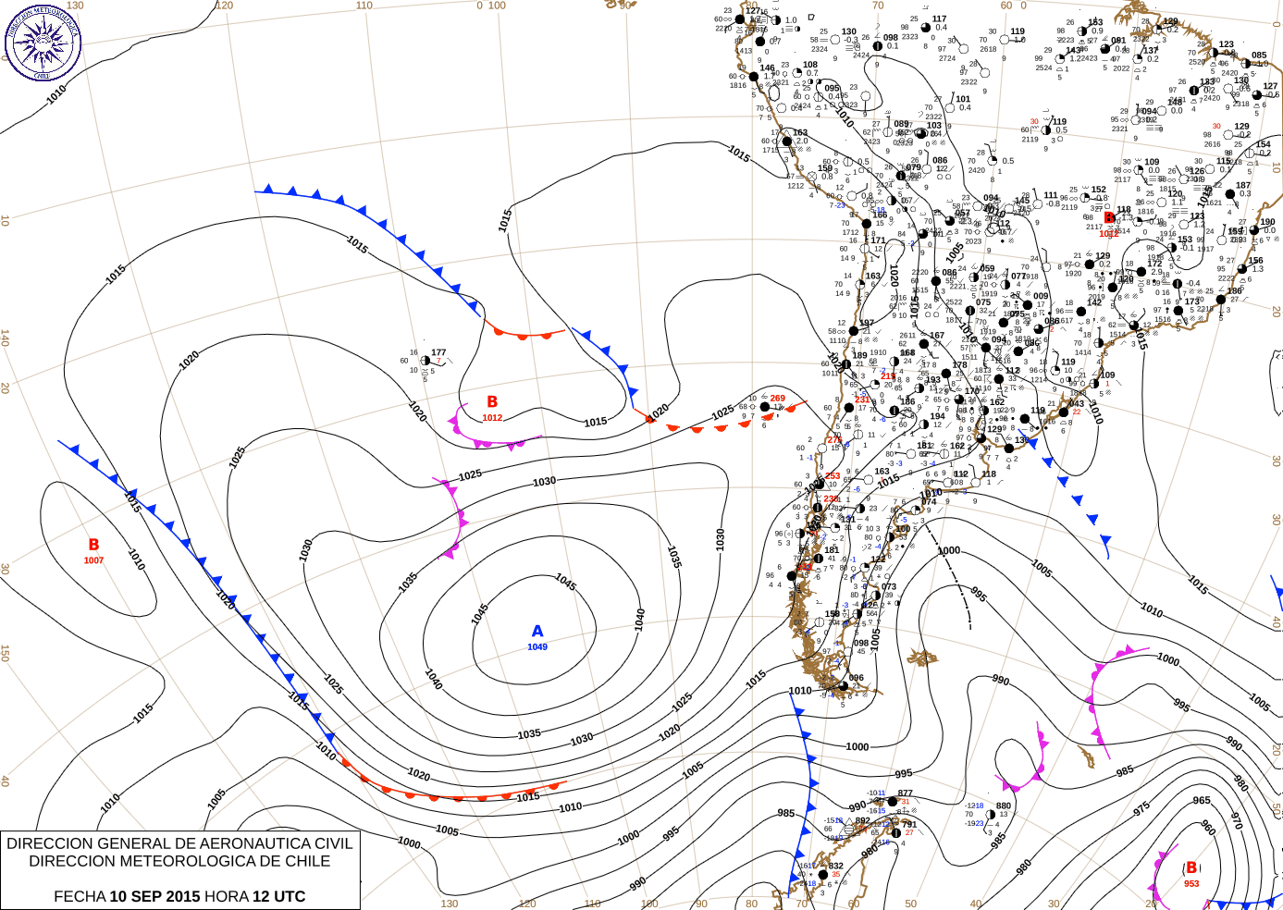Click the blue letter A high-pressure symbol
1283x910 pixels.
[x=537, y=631]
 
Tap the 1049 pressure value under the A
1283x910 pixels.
[x=537, y=647]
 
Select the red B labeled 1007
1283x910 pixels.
[x=93, y=545]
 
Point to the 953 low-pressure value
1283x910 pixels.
[x=1191, y=883]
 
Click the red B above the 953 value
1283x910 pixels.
[x=1191, y=867]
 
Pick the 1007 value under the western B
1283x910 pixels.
[x=93, y=560]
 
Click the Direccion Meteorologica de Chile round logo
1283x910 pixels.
[x=43, y=42]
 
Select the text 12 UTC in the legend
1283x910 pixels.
[x=278, y=896]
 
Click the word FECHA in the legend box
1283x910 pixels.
[x=80, y=896]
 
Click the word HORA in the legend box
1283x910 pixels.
[x=227, y=896]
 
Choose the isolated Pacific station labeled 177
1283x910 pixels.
[x=438, y=352]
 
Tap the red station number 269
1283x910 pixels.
[x=778, y=399]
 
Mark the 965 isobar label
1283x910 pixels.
[x=1201, y=801]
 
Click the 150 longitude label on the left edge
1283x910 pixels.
[x=6, y=653]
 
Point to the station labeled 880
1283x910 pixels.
[x=1004, y=805]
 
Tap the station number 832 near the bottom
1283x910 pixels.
[x=835, y=867]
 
